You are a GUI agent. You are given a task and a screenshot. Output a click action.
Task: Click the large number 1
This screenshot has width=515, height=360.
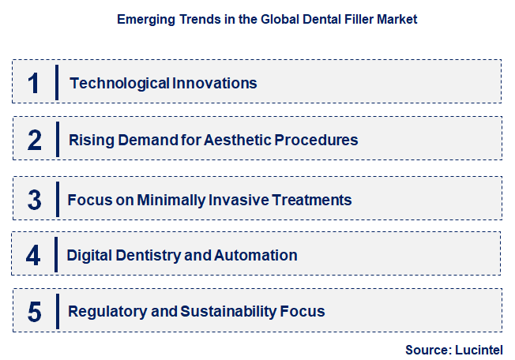coord(34,83)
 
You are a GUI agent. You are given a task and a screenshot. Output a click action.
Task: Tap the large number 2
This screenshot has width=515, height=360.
coord(34,141)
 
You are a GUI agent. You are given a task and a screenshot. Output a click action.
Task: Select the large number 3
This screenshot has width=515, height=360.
coord(34,199)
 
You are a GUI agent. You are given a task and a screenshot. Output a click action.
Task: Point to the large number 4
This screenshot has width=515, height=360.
coord(33,256)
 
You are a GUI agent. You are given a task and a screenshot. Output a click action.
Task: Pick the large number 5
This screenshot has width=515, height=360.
coord(34,312)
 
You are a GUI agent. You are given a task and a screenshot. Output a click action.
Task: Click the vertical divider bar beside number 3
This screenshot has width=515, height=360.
coord(57,198)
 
